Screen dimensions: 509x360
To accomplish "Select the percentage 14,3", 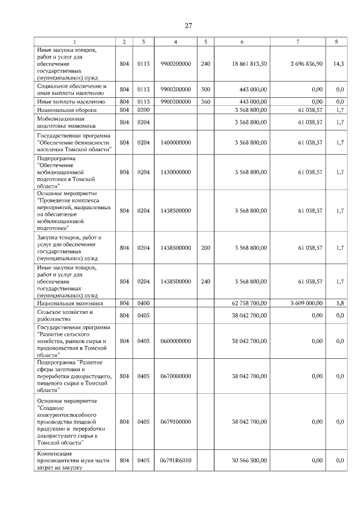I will pos(339,64).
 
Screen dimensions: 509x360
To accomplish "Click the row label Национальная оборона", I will pos(65,111).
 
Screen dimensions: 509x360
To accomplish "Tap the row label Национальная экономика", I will pos(67,303).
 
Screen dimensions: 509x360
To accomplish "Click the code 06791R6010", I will pos(175,460).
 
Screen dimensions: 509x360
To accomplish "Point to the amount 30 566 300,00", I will pos(249,460).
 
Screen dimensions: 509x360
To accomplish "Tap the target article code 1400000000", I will pos(175,142).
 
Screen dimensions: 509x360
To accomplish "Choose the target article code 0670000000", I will pos(175,376).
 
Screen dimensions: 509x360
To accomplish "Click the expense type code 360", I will pos(205,102).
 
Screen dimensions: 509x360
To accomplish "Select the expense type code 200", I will pos(205,247).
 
